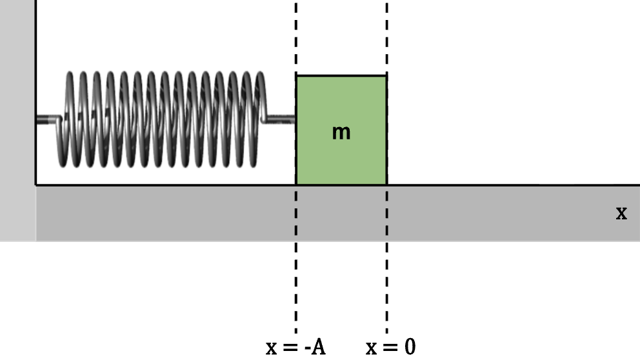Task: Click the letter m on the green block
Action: [341, 133]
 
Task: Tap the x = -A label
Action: [295, 347]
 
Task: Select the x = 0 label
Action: [391, 347]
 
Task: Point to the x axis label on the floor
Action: [621, 213]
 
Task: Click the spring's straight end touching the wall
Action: [46, 119]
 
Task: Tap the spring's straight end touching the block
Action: [281, 118]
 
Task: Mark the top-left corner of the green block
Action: [297, 76]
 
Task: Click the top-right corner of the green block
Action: [386, 76]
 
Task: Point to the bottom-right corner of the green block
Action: [386, 185]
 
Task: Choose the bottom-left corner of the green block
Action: [297, 185]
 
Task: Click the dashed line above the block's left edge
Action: [296, 39]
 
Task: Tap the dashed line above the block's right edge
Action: [387, 39]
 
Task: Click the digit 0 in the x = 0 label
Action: [410, 347]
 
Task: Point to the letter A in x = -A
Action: [317, 347]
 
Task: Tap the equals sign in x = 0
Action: [390, 348]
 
